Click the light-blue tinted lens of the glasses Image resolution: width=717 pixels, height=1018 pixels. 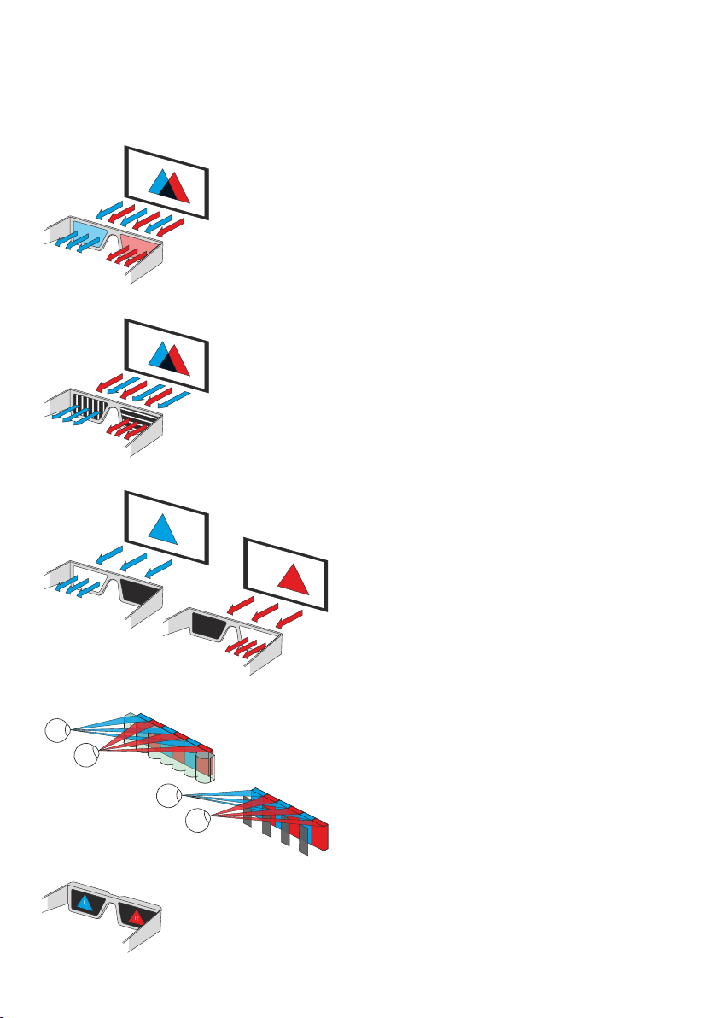pyautogui.click(x=86, y=232)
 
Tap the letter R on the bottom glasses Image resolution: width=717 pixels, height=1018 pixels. pyautogui.click(x=134, y=919)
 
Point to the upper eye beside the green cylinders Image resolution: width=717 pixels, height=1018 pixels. pyautogui.click(x=58, y=731)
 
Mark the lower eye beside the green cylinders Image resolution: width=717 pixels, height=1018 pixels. pyautogui.click(x=86, y=755)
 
